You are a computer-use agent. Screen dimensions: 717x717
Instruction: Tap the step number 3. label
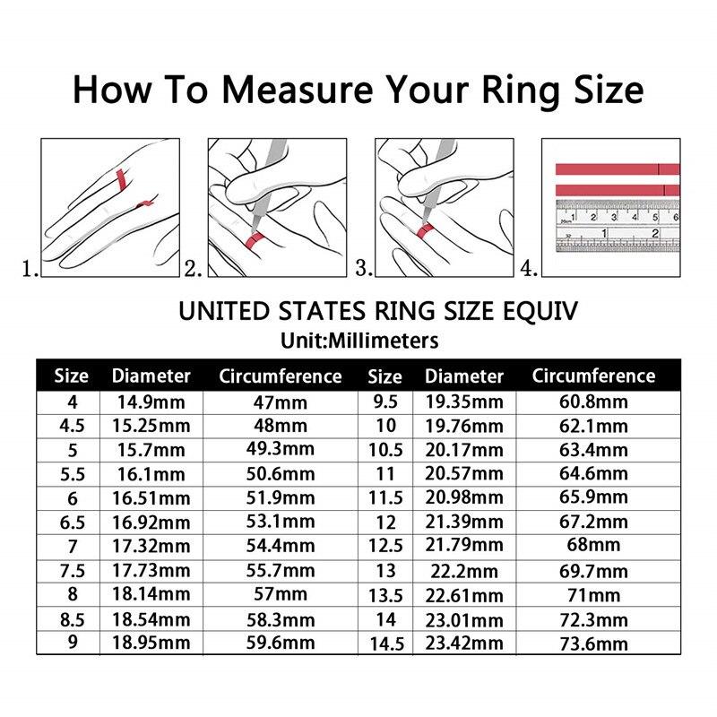point(364,267)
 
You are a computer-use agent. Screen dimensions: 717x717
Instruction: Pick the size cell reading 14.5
point(385,644)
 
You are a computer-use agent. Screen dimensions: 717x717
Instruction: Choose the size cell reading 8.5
point(72,618)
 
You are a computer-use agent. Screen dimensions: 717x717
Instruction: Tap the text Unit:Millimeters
point(358,341)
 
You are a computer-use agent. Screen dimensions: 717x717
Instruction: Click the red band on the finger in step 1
point(117,178)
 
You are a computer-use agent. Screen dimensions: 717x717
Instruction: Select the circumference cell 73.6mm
point(592,643)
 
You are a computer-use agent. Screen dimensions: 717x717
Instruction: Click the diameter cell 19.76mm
point(464,426)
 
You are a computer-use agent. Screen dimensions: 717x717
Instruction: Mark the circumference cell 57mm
point(281,594)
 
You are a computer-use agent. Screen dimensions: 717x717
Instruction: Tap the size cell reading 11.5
point(385,497)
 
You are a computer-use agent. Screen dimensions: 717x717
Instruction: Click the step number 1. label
point(30,267)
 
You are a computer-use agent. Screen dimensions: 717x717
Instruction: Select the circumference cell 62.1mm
point(592,426)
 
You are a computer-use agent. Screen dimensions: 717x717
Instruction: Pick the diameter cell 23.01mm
point(464,618)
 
